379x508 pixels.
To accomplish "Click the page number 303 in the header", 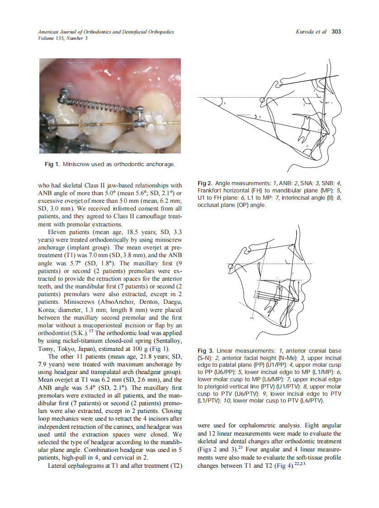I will coord(336,32).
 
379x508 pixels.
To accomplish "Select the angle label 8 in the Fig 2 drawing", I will coord(259,117).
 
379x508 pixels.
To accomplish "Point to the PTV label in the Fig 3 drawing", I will coord(252,319).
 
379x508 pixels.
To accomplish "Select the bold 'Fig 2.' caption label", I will coord(205,183).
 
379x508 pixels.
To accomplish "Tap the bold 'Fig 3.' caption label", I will coord(205,351).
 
